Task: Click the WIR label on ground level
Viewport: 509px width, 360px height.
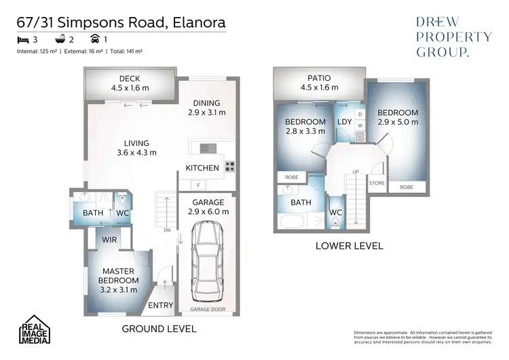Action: pos(109,239)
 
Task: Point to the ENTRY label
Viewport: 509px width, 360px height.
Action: pos(160,305)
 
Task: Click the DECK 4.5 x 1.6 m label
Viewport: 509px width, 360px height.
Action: pos(130,82)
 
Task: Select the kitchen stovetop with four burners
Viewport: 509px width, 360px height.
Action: pos(230,166)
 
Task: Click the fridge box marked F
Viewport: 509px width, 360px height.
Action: pos(197,185)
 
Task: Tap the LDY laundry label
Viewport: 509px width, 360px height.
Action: pos(343,122)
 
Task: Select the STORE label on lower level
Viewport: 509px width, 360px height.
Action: pos(377,183)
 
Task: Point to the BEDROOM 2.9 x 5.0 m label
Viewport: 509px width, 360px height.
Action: pos(398,117)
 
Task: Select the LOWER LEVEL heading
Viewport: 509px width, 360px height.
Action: pos(350,246)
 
